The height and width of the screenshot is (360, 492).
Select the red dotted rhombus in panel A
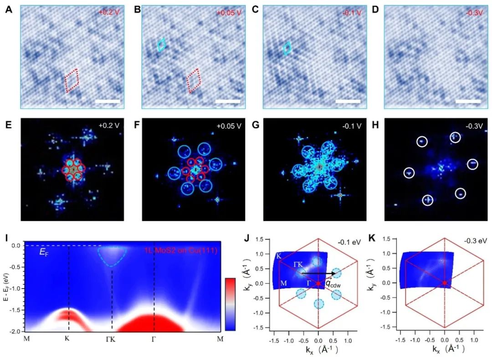(72, 81)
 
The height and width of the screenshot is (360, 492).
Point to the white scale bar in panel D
(468, 101)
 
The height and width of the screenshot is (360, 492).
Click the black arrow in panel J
(319, 274)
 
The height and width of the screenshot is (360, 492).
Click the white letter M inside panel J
(283, 283)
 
